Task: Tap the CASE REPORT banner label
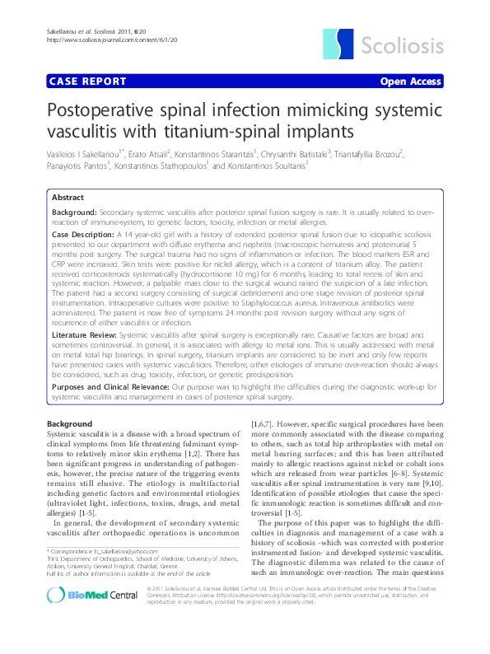pyautogui.click(x=88, y=82)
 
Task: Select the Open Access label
pyautogui.click(x=410, y=82)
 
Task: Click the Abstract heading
pyautogui.click(x=68, y=199)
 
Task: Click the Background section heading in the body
pyautogui.click(x=70, y=423)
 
